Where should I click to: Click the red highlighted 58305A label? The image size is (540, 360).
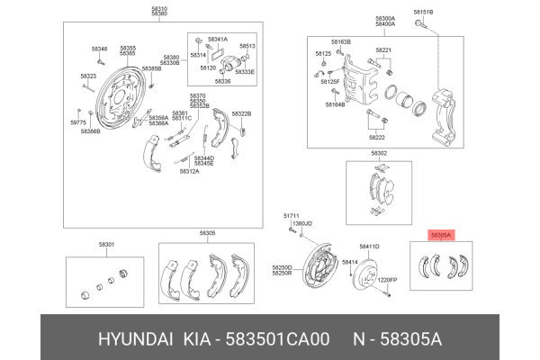tap(441, 234)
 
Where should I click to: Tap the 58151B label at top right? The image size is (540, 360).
tap(423, 11)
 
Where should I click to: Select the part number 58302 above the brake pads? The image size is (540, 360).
tap(379, 153)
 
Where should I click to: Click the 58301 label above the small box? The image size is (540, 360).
tap(106, 244)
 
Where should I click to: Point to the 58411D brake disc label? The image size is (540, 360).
tap(369, 246)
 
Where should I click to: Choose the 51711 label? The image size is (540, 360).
tap(291, 216)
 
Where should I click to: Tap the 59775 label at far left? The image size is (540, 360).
tap(78, 121)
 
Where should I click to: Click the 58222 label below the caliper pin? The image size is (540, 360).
tap(376, 138)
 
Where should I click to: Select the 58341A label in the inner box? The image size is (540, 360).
tap(217, 40)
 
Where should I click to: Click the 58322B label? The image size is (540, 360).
tap(241, 113)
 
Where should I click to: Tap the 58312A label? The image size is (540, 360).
tap(189, 170)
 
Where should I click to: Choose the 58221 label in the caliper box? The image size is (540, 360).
tap(383, 50)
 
